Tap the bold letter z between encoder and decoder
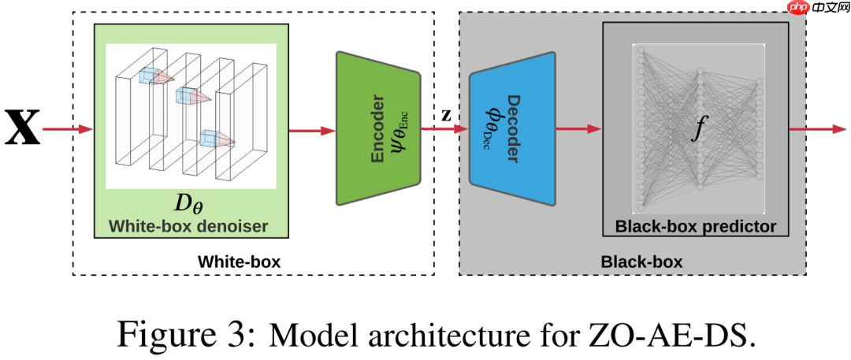[446, 114]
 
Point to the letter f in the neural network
[696, 128]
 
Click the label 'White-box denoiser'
[188, 226]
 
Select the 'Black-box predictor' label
[696, 226]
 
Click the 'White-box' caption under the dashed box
[238, 261]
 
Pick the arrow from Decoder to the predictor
[578, 128]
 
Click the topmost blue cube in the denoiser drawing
[147, 75]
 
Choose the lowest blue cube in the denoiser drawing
[208, 139]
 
